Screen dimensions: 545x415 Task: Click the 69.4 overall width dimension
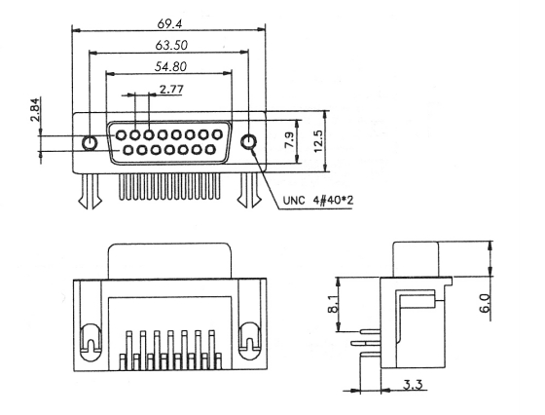[169, 24]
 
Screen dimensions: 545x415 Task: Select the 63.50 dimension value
[171, 45]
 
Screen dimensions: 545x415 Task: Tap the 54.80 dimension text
[170, 66]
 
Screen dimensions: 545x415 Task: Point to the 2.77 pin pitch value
[171, 90]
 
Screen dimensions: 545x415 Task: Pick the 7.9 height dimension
[290, 140]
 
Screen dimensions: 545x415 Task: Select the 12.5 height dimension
[318, 141]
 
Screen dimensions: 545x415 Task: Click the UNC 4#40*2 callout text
[318, 201]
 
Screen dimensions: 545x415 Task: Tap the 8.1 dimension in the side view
[333, 304]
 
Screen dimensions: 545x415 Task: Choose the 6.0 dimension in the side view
[486, 303]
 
